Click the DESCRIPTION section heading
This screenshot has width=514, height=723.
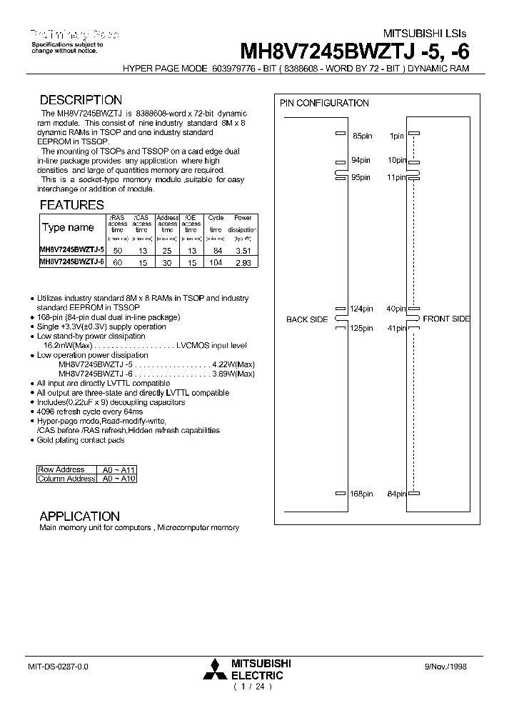81,100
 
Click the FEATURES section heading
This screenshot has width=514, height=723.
71,204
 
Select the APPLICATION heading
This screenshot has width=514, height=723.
79,516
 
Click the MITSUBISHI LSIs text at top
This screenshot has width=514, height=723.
426,34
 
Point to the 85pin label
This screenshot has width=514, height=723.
361,135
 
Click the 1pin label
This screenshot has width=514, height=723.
397,135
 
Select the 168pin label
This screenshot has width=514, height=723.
361,494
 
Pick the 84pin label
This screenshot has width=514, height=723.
396,494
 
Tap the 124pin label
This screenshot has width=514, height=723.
361,309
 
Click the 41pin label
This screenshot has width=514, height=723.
396,329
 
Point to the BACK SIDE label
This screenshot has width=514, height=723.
307,319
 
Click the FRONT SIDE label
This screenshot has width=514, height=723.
446,319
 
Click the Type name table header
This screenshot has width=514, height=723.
68,228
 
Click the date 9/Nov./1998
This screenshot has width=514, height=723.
447,666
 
